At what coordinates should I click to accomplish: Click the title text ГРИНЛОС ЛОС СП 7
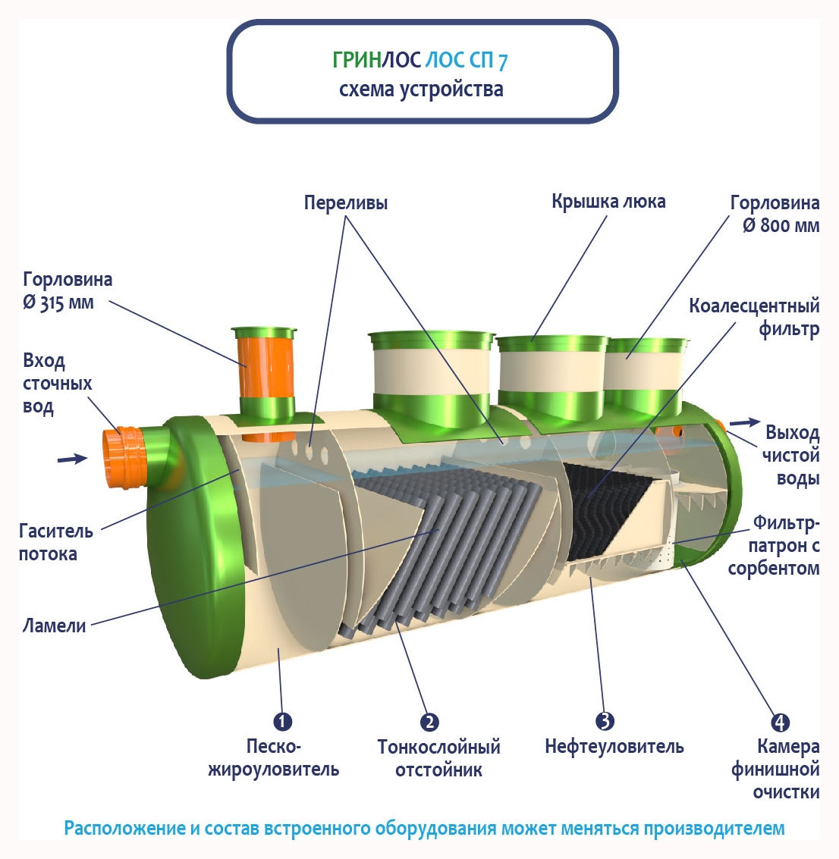pos(419,60)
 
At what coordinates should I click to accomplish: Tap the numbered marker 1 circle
pos(282,721)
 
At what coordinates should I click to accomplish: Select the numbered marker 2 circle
pos(429,722)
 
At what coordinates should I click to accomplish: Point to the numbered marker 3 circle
pos(605,721)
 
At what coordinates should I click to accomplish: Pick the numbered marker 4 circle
pos(780,722)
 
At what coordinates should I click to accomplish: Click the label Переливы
pos(345,202)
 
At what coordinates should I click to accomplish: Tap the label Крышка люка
pos(608,202)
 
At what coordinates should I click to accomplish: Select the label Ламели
pos(54,626)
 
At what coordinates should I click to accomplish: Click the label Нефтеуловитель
pos(614,747)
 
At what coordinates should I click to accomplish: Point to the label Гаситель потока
pos(55,542)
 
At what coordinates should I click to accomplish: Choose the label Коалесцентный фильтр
pos(754,317)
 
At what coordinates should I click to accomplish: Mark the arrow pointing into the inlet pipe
pos(72,458)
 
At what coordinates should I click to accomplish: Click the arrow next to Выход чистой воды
pos(745,422)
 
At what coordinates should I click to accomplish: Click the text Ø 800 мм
pos(781,225)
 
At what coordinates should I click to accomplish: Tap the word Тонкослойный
pos(438,747)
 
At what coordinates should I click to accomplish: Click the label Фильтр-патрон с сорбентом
pos(774,546)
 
